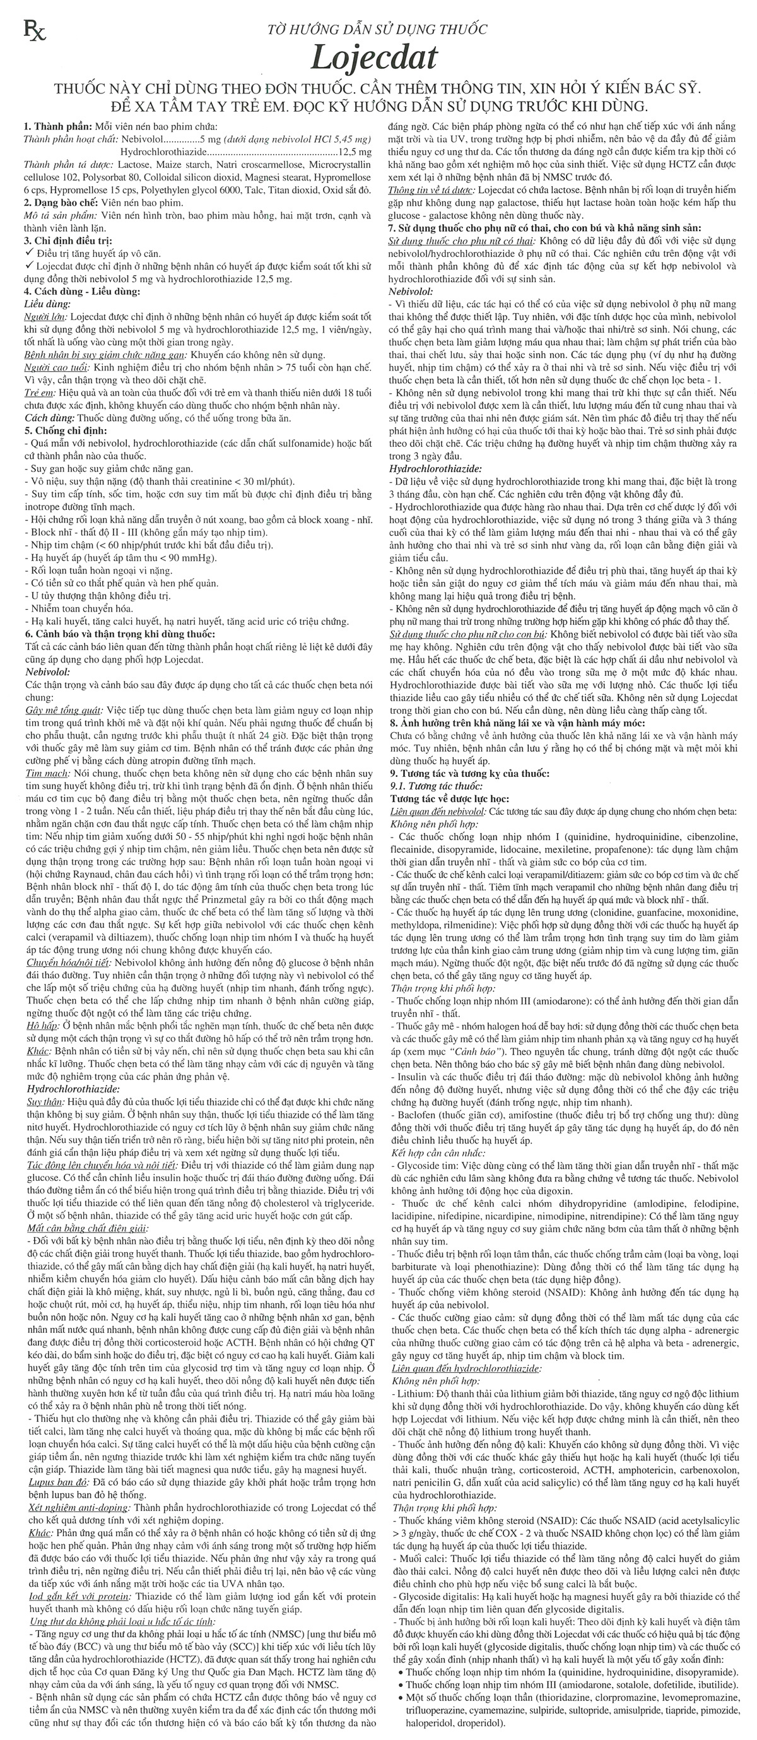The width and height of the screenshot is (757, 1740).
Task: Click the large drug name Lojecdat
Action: (x=374, y=57)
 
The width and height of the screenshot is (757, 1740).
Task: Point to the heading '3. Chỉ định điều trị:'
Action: (x=67, y=240)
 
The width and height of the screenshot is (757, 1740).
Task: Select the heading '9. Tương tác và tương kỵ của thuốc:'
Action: (x=469, y=773)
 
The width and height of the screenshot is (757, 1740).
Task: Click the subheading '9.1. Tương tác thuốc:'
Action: (x=437, y=786)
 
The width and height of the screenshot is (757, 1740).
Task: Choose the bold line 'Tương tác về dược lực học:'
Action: (x=450, y=799)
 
